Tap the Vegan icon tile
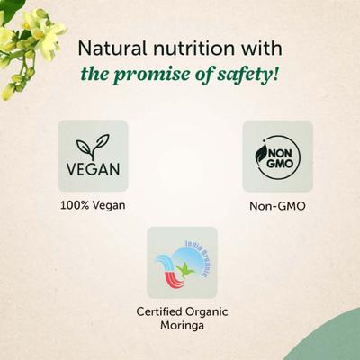click(93, 156)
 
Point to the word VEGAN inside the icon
click(93, 168)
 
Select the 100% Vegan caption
click(93, 204)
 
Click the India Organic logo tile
click(182, 262)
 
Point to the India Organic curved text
click(200, 252)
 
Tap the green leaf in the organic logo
click(188, 266)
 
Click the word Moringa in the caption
click(182, 328)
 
